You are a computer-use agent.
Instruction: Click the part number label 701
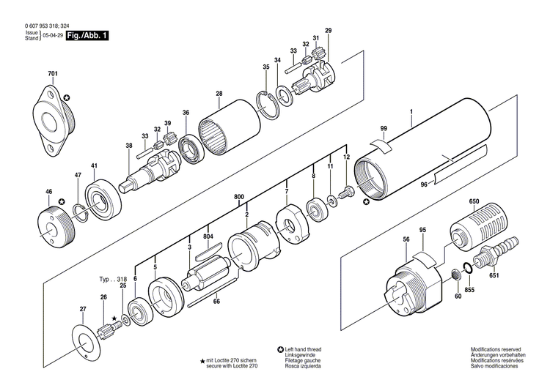point(52,75)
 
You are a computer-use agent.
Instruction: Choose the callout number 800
point(239,197)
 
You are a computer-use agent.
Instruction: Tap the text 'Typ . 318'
point(114,280)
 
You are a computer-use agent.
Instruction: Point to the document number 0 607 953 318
point(42,25)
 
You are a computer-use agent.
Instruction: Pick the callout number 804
point(208,236)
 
